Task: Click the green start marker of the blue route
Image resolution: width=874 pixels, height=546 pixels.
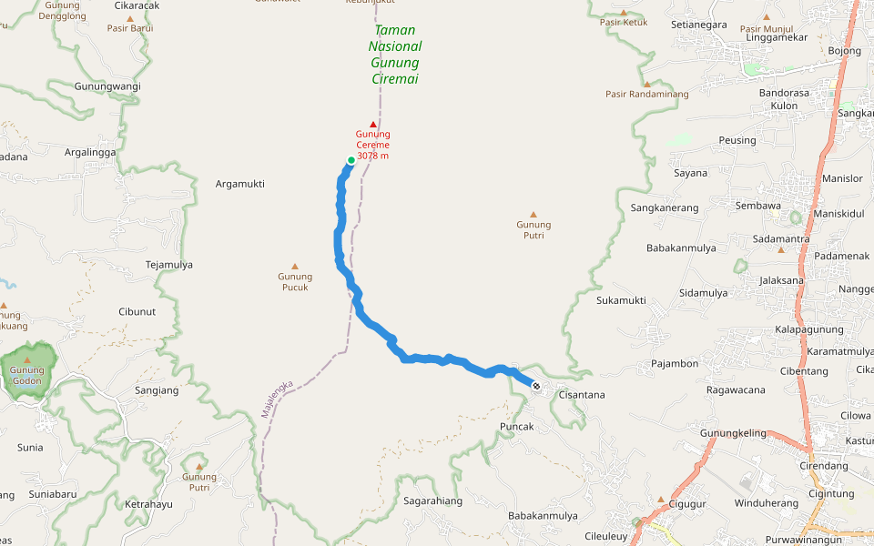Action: (351, 160)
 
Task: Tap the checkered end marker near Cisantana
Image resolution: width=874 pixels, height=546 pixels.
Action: (536, 387)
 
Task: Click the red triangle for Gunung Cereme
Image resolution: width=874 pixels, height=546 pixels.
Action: (372, 124)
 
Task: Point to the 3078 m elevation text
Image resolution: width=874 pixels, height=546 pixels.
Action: (372, 156)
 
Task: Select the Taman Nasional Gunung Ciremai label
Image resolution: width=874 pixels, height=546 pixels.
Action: (395, 55)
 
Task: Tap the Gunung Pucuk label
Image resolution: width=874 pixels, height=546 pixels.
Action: (294, 282)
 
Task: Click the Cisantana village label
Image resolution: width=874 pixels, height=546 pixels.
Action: (582, 395)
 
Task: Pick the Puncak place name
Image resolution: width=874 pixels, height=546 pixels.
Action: (516, 426)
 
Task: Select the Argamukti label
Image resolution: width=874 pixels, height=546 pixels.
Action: (239, 184)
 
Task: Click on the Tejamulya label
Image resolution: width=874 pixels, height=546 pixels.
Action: (169, 265)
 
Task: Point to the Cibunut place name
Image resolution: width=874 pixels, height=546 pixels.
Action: (137, 311)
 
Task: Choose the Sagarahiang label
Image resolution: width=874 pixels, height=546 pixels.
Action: (432, 500)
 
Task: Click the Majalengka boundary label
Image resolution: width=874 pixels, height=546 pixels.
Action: (277, 398)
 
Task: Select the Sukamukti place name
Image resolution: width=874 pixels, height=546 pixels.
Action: (621, 300)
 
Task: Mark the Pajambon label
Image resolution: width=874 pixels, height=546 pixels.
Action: (675, 364)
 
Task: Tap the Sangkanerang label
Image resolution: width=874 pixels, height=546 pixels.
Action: (665, 207)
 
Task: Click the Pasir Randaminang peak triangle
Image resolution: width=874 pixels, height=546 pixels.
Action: (647, 84)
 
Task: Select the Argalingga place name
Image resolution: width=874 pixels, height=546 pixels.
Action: (90, 152)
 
